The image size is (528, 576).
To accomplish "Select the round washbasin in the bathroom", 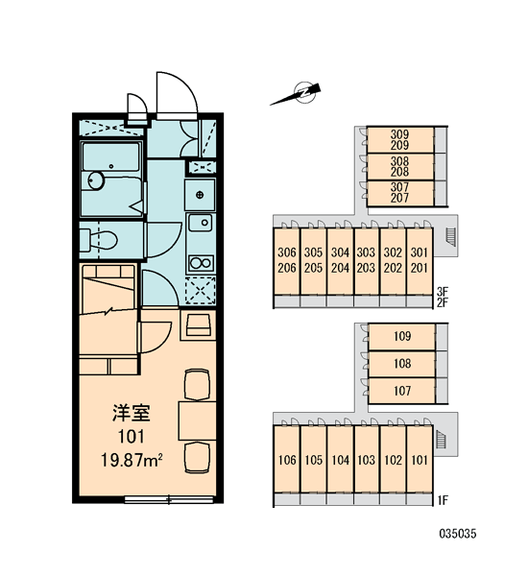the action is pyautogui.click(x=96, y=180).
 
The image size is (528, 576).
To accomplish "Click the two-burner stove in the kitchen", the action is pyautogui.click(x=201, y=263).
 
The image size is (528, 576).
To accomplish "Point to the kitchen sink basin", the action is pyautogui.click(x=201, y=223).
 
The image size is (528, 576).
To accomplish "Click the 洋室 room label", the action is pyautogui.click(x=132, y=413).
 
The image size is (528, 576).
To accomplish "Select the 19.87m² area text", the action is pyautogui.click(x=132, y=460).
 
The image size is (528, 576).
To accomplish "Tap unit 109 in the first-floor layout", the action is pyautogui.click(x=401, y=337).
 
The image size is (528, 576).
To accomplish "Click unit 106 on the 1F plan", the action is pyautogui.click(x=287, y=459).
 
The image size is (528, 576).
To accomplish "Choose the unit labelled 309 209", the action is pyautogui.click(x=400, y=140).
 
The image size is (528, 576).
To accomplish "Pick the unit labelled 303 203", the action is pyautogui.click(x=367, y=260).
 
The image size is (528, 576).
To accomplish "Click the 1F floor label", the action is pyautogui.click(x=443, y=500).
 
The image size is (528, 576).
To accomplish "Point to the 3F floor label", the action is pyautogui.click(x=443, y=292).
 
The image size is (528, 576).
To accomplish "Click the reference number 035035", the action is pyautogui.click(x=458, y=534).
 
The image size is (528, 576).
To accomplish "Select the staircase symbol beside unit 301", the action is pyautogui.click(x=450, y=237).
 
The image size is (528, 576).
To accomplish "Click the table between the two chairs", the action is pyautogui.click(x=198, y=421).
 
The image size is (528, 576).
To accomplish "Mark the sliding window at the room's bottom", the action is pyautogui.click(x=169, y=499).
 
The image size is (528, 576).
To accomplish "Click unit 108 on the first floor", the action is pyautogui.click(x=401, y=364).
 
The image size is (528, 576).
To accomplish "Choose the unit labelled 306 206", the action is pyautogui.click(x=287, y=260).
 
